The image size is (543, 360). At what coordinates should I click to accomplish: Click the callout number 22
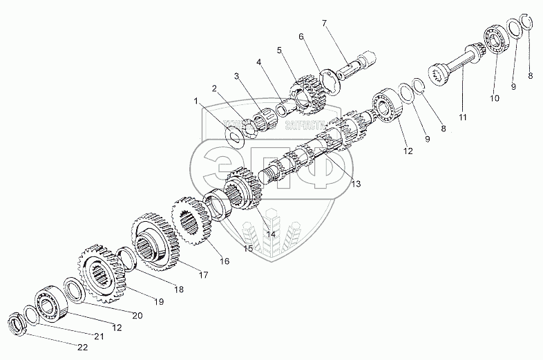pos(82,348)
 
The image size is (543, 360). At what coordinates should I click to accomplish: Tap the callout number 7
pos(323,23)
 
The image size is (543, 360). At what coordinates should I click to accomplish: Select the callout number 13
pos(355,184)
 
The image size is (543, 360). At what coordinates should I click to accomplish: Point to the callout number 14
pos(271,234)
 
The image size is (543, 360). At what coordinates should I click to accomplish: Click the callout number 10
pos(495,98)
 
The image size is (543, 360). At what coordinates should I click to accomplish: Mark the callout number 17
pos(204,275)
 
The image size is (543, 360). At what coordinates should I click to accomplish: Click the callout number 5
pos(279,50)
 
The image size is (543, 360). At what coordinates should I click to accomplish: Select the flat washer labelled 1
pos(234,133)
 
